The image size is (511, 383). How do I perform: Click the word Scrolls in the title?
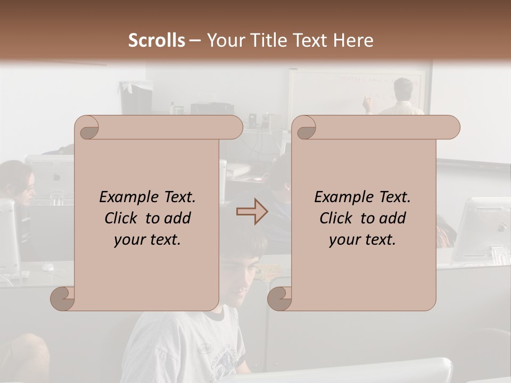coord(157,40)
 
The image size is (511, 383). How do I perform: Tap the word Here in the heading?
coord(353,40)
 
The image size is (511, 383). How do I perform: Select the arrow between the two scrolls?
coord(252,212)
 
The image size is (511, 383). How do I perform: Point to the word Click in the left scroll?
coord(123,218)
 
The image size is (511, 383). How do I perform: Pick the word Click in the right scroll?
coord(338,218)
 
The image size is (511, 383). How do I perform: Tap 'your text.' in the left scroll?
coord(147,239)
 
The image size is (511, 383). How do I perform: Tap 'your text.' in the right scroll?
coord(362,239)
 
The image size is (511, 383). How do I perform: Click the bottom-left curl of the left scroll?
coord(62,298)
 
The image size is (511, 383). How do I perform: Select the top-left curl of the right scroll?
coord(305,128)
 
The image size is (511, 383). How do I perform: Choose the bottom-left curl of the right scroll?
coord(279,298)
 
